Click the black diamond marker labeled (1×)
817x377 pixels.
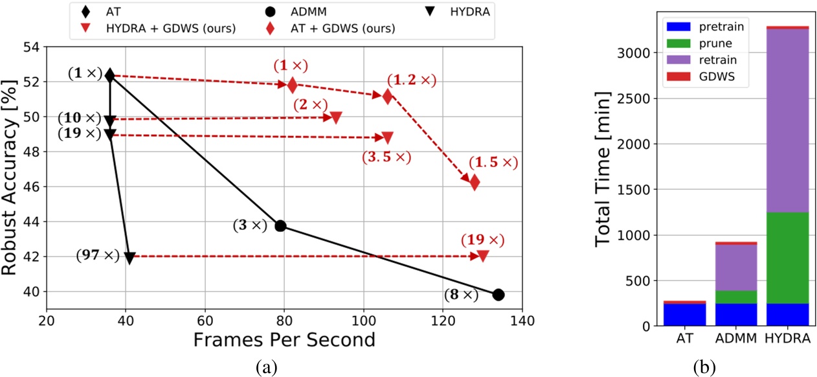[110, 76]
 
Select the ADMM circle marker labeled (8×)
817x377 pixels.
[498, 295]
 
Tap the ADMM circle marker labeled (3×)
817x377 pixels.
[280, 226]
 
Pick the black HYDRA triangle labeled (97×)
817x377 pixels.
[129, 258]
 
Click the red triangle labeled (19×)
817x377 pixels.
[482, 256]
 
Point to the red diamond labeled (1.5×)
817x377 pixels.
[475, 183]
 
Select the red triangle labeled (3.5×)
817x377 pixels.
[387, 137]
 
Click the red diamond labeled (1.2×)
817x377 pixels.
[387, 97]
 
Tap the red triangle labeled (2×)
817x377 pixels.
[335, 117]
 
